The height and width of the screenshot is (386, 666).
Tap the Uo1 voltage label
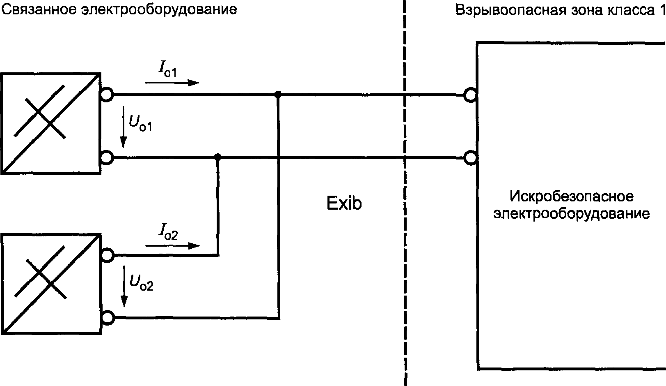140,123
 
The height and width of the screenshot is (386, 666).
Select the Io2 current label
168,232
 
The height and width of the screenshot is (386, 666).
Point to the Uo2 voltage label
141,282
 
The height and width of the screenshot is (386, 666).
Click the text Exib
344,203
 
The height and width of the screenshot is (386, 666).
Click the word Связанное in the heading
39,10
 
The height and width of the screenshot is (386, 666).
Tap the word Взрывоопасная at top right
509,10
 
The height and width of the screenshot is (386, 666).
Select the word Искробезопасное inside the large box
572,196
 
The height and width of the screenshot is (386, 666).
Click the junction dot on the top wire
278,95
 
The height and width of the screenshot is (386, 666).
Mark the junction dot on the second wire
218,157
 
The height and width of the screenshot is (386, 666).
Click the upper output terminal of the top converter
107,95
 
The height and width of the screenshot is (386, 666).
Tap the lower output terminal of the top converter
107,157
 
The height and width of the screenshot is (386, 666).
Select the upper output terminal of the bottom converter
108,255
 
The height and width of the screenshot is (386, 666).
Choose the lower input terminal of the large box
471,158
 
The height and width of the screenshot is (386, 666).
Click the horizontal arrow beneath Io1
172,83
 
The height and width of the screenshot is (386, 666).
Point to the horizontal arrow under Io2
172,246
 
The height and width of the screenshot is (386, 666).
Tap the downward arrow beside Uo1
124,127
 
